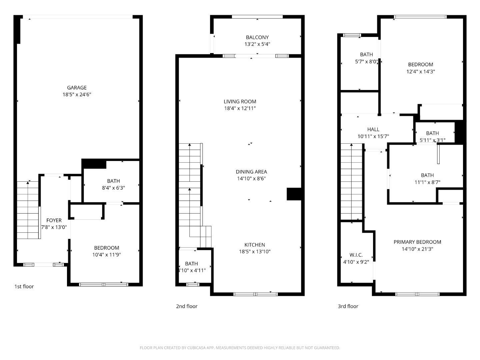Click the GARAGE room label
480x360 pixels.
(77, 88)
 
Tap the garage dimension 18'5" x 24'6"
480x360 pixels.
(77, 95)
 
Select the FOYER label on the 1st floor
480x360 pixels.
(54, 220)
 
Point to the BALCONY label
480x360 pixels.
(257, 37)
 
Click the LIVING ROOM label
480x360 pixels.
(240, 102)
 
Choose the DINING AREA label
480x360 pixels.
(251, 172)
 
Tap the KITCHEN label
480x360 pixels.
(255, 245)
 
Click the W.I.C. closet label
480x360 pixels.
(356, 255)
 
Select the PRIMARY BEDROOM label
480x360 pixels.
(417, 242)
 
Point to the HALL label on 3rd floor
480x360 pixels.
(373, 129)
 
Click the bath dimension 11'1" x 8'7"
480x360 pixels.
(427, 182)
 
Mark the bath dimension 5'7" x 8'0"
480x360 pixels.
(366, 61)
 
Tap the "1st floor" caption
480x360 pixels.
(24, 286)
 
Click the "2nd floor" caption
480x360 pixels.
(187, 306)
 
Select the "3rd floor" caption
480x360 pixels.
(348, 306)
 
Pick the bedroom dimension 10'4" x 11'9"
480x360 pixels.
(106, 255)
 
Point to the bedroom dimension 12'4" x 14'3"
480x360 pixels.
(420, 71)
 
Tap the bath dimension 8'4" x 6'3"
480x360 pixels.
(113, 188)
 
